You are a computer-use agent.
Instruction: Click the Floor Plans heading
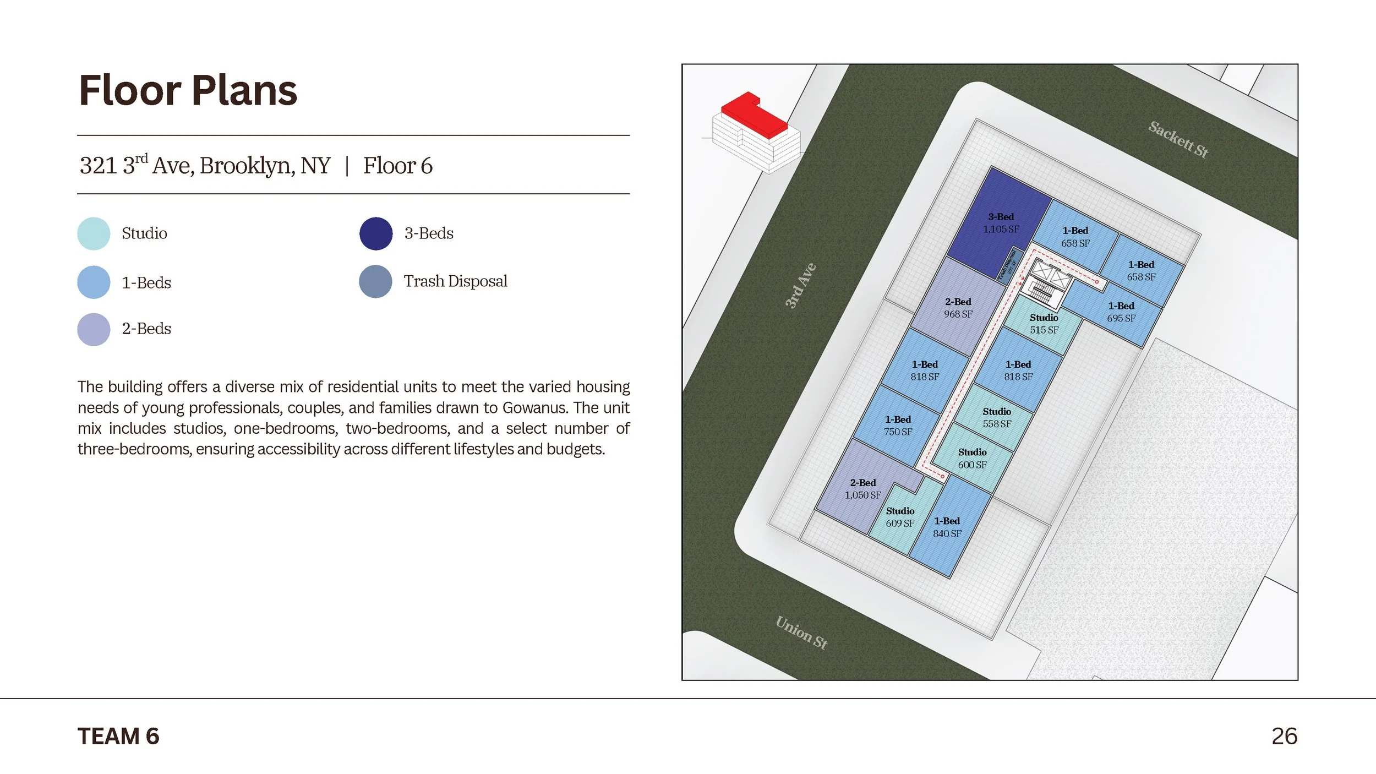(x=188, y=90)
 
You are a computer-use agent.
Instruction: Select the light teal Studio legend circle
(x=94, y=233)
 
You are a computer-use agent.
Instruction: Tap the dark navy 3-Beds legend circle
(x=376, y=233)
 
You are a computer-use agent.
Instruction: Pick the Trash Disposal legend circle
(x=375, y=281)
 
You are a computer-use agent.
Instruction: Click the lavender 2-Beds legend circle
(x=94, y=329)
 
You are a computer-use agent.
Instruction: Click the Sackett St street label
(x=1178, y=139)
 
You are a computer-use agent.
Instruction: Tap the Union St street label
(x=801, y=633)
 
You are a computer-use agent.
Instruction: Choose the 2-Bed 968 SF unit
(x=958, y=308)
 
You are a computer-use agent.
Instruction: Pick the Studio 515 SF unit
(x=1044, y=324)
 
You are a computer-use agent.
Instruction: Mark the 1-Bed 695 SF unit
(x=1121, y=312)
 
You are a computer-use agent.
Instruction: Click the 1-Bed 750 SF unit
(x=897, y=426)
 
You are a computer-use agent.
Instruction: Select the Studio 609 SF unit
(x=899, y=517)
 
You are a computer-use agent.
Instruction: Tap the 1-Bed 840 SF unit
(x=947, y=527)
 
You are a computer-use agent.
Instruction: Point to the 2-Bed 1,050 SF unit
(x=862, y=489)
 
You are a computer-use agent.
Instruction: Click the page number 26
(x=1284, y=736)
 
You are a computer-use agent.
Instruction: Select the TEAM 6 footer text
(x=118, y=736)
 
